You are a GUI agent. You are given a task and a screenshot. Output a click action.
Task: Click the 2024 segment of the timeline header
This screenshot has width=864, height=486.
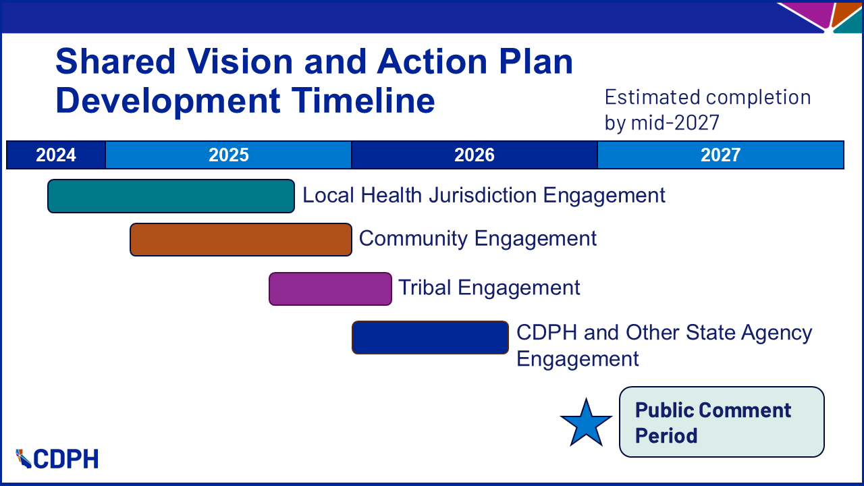point(56,155)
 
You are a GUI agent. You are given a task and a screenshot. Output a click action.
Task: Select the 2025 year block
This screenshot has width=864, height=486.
point(228,155)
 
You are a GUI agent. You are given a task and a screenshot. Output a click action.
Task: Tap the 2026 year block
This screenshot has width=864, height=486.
point(474,155)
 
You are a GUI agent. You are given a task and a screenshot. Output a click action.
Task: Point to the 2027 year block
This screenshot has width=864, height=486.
point(720,155)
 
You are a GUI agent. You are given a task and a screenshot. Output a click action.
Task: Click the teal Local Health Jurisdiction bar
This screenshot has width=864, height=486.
point(171,196)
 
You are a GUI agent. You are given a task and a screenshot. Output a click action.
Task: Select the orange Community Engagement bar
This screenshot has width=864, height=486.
point(240,240)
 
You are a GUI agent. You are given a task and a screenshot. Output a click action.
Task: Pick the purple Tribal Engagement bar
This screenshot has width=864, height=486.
point(330,289)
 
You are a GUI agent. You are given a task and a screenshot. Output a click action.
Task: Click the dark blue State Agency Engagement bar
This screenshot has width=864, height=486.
point(430,337)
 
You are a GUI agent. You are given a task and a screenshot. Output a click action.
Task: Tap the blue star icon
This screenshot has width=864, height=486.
point(586,423)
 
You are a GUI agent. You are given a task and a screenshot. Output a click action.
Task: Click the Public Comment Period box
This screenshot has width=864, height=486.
point(722,422)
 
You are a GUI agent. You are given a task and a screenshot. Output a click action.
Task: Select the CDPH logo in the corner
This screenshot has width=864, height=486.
point(57,459)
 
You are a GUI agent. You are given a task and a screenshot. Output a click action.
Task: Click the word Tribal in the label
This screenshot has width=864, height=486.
point(425,288)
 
